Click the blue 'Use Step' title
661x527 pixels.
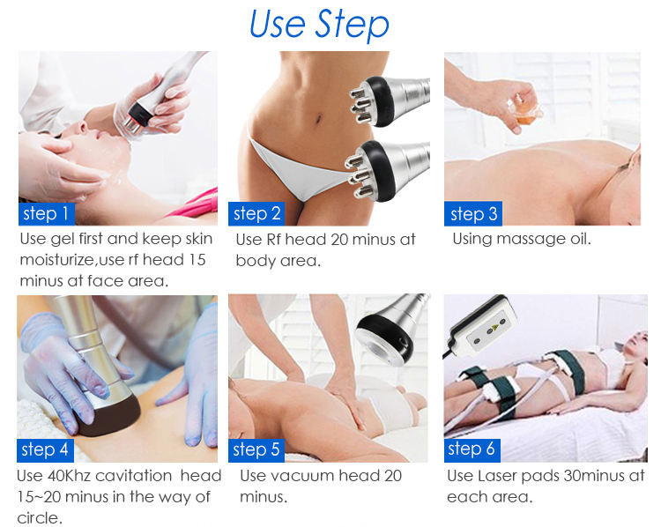pyautogui.click(x=319, y=24)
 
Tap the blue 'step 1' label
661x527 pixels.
pyautogui.click(x=47, y=214)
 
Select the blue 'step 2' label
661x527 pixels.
pyautogui.click(x=256, y=214)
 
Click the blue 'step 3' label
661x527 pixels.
pyautogui.click(x=473, y=214)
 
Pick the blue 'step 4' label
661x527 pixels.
pyautogui.click(x=45, y=449)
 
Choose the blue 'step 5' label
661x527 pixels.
pyautogui.click(x=256, y=449)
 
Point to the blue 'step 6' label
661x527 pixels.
pyautogui.click(x=472, y=449)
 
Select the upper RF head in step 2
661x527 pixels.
pyautogui.click(x=390, y=101)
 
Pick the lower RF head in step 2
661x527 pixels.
pyautogui.click(x=387, y=170)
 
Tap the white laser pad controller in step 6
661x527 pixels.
pyautogui.click(x=483, y=325)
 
